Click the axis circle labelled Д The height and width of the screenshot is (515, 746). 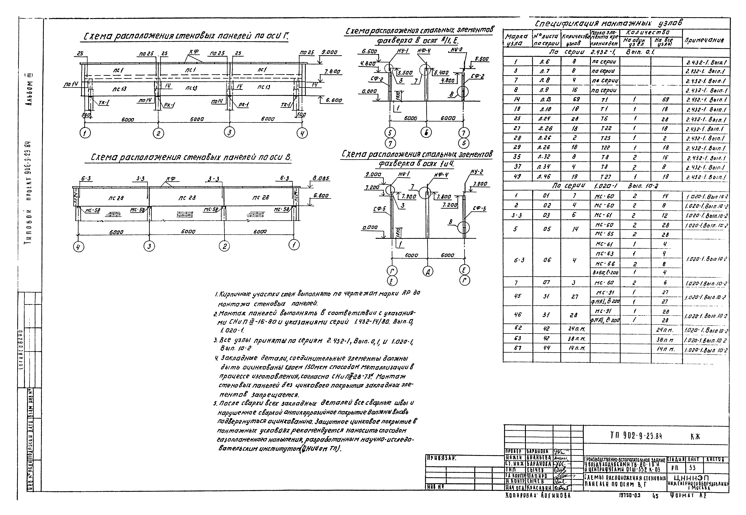(x=428, y=272)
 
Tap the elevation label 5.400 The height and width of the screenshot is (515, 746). (x=441, y=73)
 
